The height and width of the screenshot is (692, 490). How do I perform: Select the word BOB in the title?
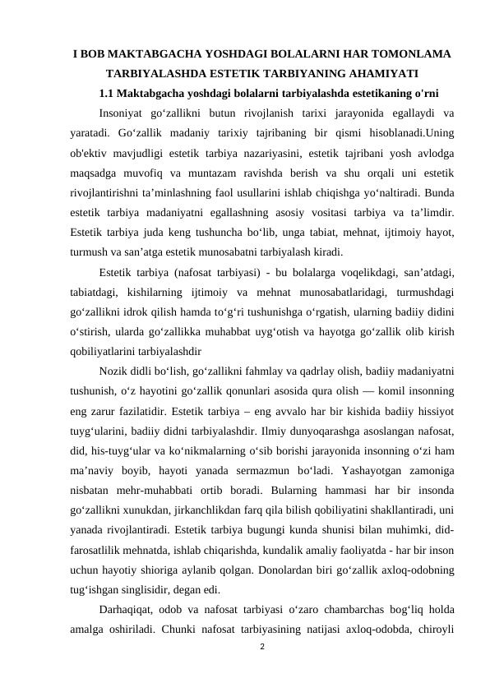pyautogui.click(x=96, y=54)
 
